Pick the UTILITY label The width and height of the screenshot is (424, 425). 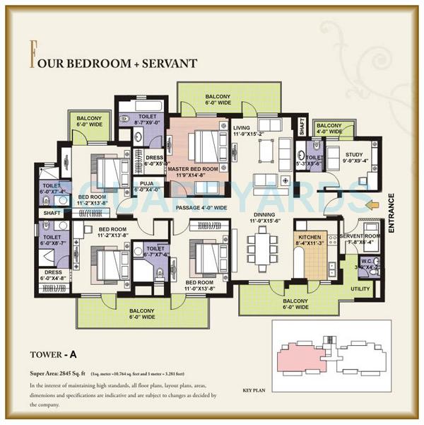tap(360, 289)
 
